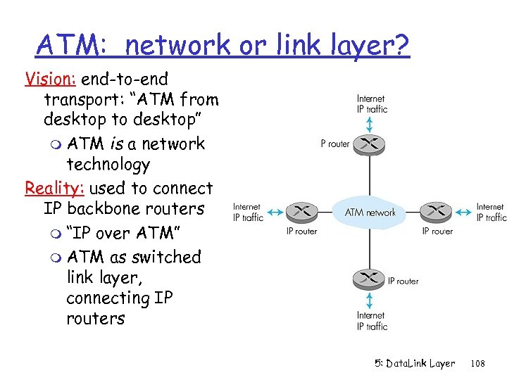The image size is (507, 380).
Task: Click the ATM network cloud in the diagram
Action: click(x=370, y=212)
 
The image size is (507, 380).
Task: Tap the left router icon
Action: click(x=302, y=211)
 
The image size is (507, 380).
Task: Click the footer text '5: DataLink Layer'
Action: click(x=415, y=364)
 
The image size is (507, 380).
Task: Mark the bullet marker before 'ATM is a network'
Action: click(x=54, y=145)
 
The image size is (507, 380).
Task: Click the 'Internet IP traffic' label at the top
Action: click(x=371, y=104)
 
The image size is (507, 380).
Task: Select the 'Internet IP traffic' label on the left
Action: click(x=247, y=213)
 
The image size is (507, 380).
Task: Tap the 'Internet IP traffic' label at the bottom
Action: click(x=371, y=321)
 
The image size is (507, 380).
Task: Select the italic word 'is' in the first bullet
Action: click(x=118, y=144)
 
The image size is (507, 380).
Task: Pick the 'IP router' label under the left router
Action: click(x=301, y=231)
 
